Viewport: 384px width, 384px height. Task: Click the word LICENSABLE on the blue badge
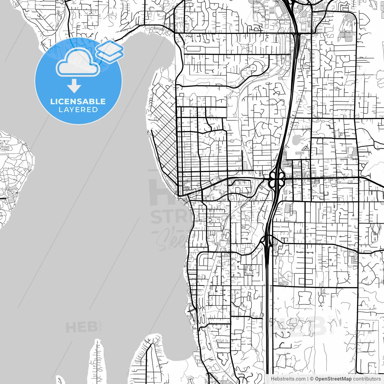coord(78,101)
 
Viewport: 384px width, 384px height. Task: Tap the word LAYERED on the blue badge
coord(78,110)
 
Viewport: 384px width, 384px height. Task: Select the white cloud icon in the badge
coord(78,62)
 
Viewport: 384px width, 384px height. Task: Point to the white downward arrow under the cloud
coord(74,86)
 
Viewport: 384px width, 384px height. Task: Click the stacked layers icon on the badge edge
coord(110,51)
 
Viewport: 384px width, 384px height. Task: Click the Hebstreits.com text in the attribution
coord(288,379)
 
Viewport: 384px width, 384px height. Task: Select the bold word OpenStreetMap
coord(333,379)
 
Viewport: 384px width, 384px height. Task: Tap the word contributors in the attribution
coord(367,379)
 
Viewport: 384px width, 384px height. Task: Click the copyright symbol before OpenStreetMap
coord(312,379)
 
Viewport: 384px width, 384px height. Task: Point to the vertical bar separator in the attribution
coord(308,379)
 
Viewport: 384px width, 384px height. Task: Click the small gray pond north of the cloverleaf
coord(296,139)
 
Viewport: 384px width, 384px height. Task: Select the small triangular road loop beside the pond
coord(305,148)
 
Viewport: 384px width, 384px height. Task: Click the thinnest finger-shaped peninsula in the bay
coord(97,360)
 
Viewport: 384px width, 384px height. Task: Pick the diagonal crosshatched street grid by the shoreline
coord(164,144)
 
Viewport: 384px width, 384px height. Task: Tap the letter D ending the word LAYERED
coord(95,110)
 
